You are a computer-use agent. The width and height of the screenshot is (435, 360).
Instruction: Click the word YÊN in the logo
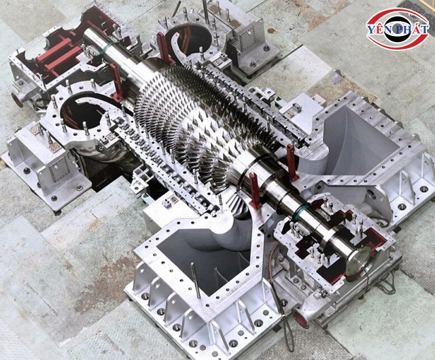point(378,29)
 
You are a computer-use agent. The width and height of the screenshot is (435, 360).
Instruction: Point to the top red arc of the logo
point(397,14)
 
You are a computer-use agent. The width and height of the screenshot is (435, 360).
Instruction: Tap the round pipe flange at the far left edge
point(17,100)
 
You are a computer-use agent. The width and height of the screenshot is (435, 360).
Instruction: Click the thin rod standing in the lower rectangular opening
point(196,280)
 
